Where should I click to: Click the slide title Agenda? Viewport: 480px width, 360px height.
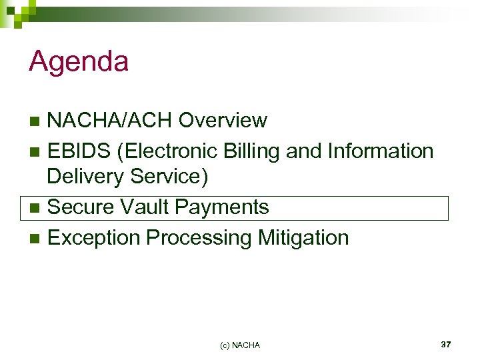(x=79, y=63)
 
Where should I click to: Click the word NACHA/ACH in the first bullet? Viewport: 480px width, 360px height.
(x=110, y=121)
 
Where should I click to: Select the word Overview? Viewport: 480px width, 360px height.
(x=223, y=121)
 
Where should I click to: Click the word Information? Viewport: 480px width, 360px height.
(x=381, y=151)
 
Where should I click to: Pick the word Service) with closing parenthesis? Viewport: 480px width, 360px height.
(x=172, y=177)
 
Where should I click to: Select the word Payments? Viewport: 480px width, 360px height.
(x=221, y=207)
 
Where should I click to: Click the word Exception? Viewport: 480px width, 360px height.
(x=94, y=237)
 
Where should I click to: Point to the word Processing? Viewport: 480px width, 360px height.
(x=196, y=237)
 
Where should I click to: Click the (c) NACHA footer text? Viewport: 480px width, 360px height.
(x=240, y=345)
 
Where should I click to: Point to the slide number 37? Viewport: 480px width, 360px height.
(x=446, y=344)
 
